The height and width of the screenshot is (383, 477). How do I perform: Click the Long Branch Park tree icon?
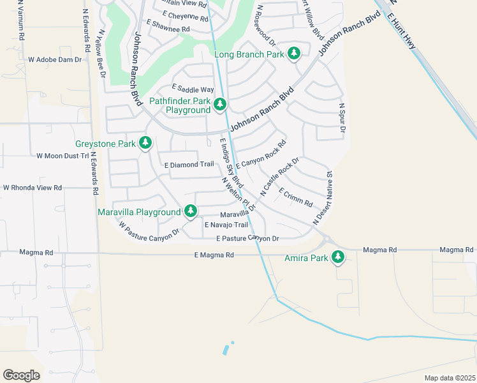(293, 54)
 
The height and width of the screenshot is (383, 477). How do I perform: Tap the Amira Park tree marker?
(337, 258)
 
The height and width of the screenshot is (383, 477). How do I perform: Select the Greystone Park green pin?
(145, 143)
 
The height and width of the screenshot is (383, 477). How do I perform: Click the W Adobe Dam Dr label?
(55, 59)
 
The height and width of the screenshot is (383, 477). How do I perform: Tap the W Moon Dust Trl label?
(62, 156)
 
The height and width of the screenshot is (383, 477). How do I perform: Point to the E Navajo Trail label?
(226, 225)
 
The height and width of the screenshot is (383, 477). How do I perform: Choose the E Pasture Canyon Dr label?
(247, 239)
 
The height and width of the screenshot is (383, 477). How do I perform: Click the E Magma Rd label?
(214, 255)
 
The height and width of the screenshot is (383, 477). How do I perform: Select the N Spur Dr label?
(342, 119)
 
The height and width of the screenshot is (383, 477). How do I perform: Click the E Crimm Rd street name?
(295, 198)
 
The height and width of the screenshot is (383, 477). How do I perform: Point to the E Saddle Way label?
(193, 89)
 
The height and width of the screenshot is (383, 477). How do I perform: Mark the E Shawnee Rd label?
(168, 29)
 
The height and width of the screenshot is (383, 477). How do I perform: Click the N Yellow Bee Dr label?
(101, 56)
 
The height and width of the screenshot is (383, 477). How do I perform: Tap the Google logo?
(21, 375)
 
